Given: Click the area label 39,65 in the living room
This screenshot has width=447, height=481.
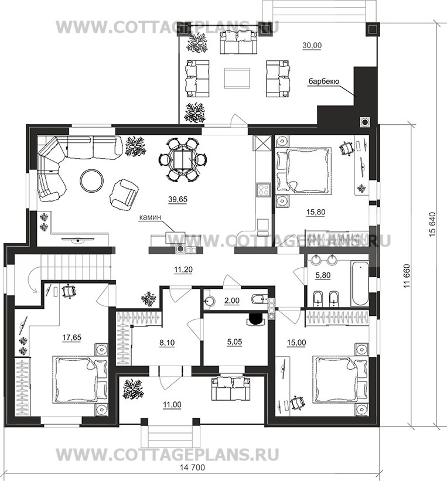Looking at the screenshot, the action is coord(178,199).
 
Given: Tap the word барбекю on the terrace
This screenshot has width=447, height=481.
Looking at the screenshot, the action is coord(323,81).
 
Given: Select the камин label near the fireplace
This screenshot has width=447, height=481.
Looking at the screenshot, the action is coord(150,217).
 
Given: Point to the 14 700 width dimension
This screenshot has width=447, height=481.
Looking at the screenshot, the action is coord(192,468).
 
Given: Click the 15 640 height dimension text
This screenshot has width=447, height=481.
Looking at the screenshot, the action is coord(432,224).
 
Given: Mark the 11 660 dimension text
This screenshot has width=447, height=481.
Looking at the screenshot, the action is coord(407,276).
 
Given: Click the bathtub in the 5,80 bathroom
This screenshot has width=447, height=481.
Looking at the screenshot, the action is coord(360,283).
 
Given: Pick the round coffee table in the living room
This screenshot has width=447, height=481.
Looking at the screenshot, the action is coord(92,180).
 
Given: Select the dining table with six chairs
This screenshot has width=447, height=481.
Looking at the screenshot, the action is coord(183,160).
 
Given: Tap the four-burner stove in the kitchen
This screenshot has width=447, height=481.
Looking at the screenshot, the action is coord(263,190).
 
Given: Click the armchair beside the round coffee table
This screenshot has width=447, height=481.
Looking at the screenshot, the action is coord(124,193).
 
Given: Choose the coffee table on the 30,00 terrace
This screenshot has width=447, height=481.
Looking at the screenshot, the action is coord(237,79).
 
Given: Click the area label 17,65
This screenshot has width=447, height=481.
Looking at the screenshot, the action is coord(72,337).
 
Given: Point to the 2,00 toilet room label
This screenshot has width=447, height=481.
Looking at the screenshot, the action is coord(231,301).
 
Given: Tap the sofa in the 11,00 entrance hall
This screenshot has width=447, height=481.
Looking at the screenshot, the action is coord(231,388).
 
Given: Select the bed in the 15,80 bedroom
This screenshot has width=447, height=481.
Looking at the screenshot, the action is coord(303,170).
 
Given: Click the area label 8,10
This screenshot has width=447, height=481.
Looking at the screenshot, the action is coord(167,342).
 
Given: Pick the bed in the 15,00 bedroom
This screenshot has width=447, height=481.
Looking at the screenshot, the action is coord(340,379).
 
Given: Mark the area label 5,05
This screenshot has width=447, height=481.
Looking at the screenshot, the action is coord(234,342).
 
